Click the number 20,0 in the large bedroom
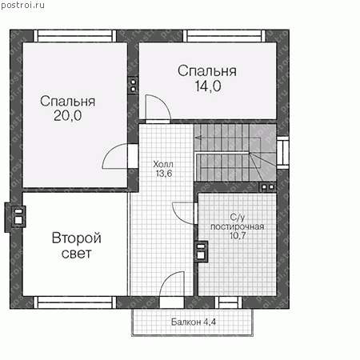click(x=68, y=116)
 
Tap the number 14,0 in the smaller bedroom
click(x=208, y=86)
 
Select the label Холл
click(x=163, y=164)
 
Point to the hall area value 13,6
click(x=164, y=174)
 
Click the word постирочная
click(x=238, y=226)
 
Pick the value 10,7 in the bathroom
click(x=238, y=235)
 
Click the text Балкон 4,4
click(x=194, y=322)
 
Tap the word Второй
click(x=77, y=238)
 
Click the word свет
click(x=77, y=254)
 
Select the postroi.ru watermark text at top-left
click(x=22, y=5)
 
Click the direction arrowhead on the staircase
click(x=198, y=138)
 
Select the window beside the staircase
click(x=282, y=153)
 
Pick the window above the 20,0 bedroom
click(x=75, y=36)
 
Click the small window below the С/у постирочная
click(x=228, y=302)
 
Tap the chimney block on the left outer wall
click(x=15, y=217)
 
